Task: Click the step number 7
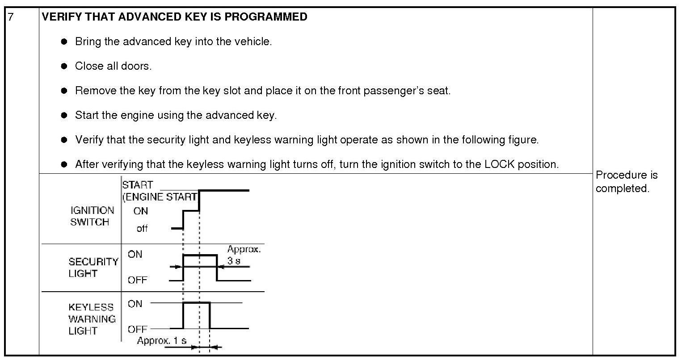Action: (11, 17)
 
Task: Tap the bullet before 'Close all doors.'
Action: (64, 66)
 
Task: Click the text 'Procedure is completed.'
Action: (626, 181)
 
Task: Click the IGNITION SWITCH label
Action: (92, 216)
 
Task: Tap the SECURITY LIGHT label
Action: (93, 267)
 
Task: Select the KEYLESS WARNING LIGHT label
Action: (92, 319)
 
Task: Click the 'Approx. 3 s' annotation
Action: (243, 255)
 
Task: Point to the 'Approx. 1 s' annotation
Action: (161, 341)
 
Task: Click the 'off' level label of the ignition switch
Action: (142, 229)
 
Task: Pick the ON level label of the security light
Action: (135, 254)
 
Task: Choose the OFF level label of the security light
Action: (137, 280)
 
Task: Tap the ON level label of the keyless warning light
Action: (135, 304)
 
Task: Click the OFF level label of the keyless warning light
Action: (137, 329)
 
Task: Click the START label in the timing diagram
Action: (138, 185)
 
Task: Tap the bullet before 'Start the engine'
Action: (64, 115)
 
